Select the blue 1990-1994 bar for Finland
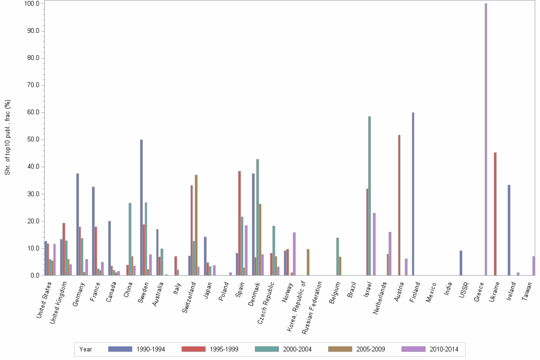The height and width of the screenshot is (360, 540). point(413,194)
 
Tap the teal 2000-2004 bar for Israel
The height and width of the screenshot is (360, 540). point(369,196)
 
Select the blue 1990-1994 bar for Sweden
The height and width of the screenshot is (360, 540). point(141,208)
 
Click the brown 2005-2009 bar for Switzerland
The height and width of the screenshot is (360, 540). point(196,225)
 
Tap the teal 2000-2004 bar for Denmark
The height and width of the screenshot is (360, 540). point(258,217)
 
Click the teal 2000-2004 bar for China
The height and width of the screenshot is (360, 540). point(130,239)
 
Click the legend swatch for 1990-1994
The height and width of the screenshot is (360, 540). point(120,349)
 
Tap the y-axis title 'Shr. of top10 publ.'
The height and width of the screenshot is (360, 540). point(8,138)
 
